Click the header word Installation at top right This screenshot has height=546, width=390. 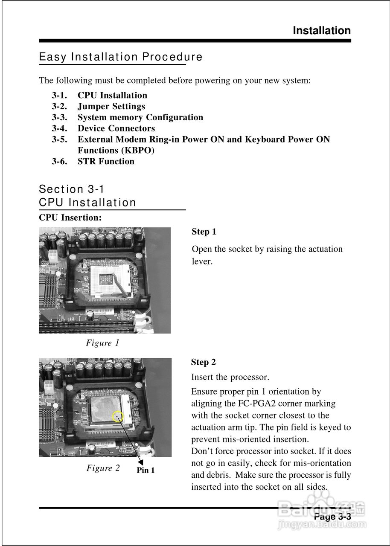322,31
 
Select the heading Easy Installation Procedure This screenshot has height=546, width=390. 121,57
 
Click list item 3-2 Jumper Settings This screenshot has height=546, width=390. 111,106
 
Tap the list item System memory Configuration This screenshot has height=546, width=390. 140,117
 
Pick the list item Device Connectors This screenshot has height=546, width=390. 116,128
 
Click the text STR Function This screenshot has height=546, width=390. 106,161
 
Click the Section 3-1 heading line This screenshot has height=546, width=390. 72,189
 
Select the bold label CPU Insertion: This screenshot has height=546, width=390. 70,218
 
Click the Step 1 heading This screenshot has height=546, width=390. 204,232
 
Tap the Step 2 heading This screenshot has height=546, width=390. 204,362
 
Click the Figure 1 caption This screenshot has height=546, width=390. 102,343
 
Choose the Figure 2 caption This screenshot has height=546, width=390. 103,468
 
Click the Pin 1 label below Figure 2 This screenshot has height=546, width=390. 146,470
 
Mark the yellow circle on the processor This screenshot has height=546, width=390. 117,416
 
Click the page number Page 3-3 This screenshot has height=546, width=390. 332,517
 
